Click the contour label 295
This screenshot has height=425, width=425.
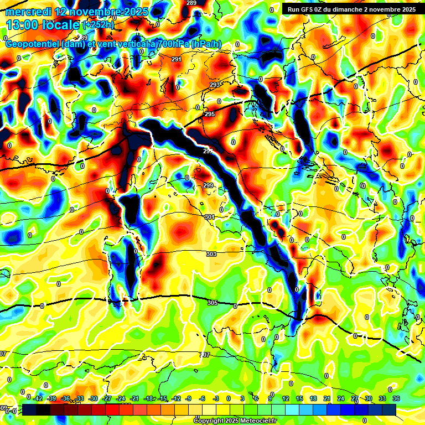pos(210,114)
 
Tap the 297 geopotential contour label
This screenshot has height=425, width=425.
pos(208,151)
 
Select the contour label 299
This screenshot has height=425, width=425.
pos(208,185)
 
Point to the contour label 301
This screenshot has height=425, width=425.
pos(210,217)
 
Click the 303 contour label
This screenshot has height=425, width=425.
pos(211,254)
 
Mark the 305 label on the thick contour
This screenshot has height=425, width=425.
pos(213,303)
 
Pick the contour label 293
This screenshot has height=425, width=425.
pos(215,85)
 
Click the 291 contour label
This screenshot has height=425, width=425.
pos(177,59)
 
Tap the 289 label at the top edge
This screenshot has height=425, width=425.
pos(191,3)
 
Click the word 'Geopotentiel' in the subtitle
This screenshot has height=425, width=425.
pos(33,44)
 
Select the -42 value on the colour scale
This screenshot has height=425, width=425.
pos(39,398)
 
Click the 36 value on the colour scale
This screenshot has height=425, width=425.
pos(396,398)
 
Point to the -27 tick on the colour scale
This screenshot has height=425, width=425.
pos(107,398)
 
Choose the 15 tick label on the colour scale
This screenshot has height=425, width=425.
pos(299,398)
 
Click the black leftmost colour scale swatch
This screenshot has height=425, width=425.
pos(29,410)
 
